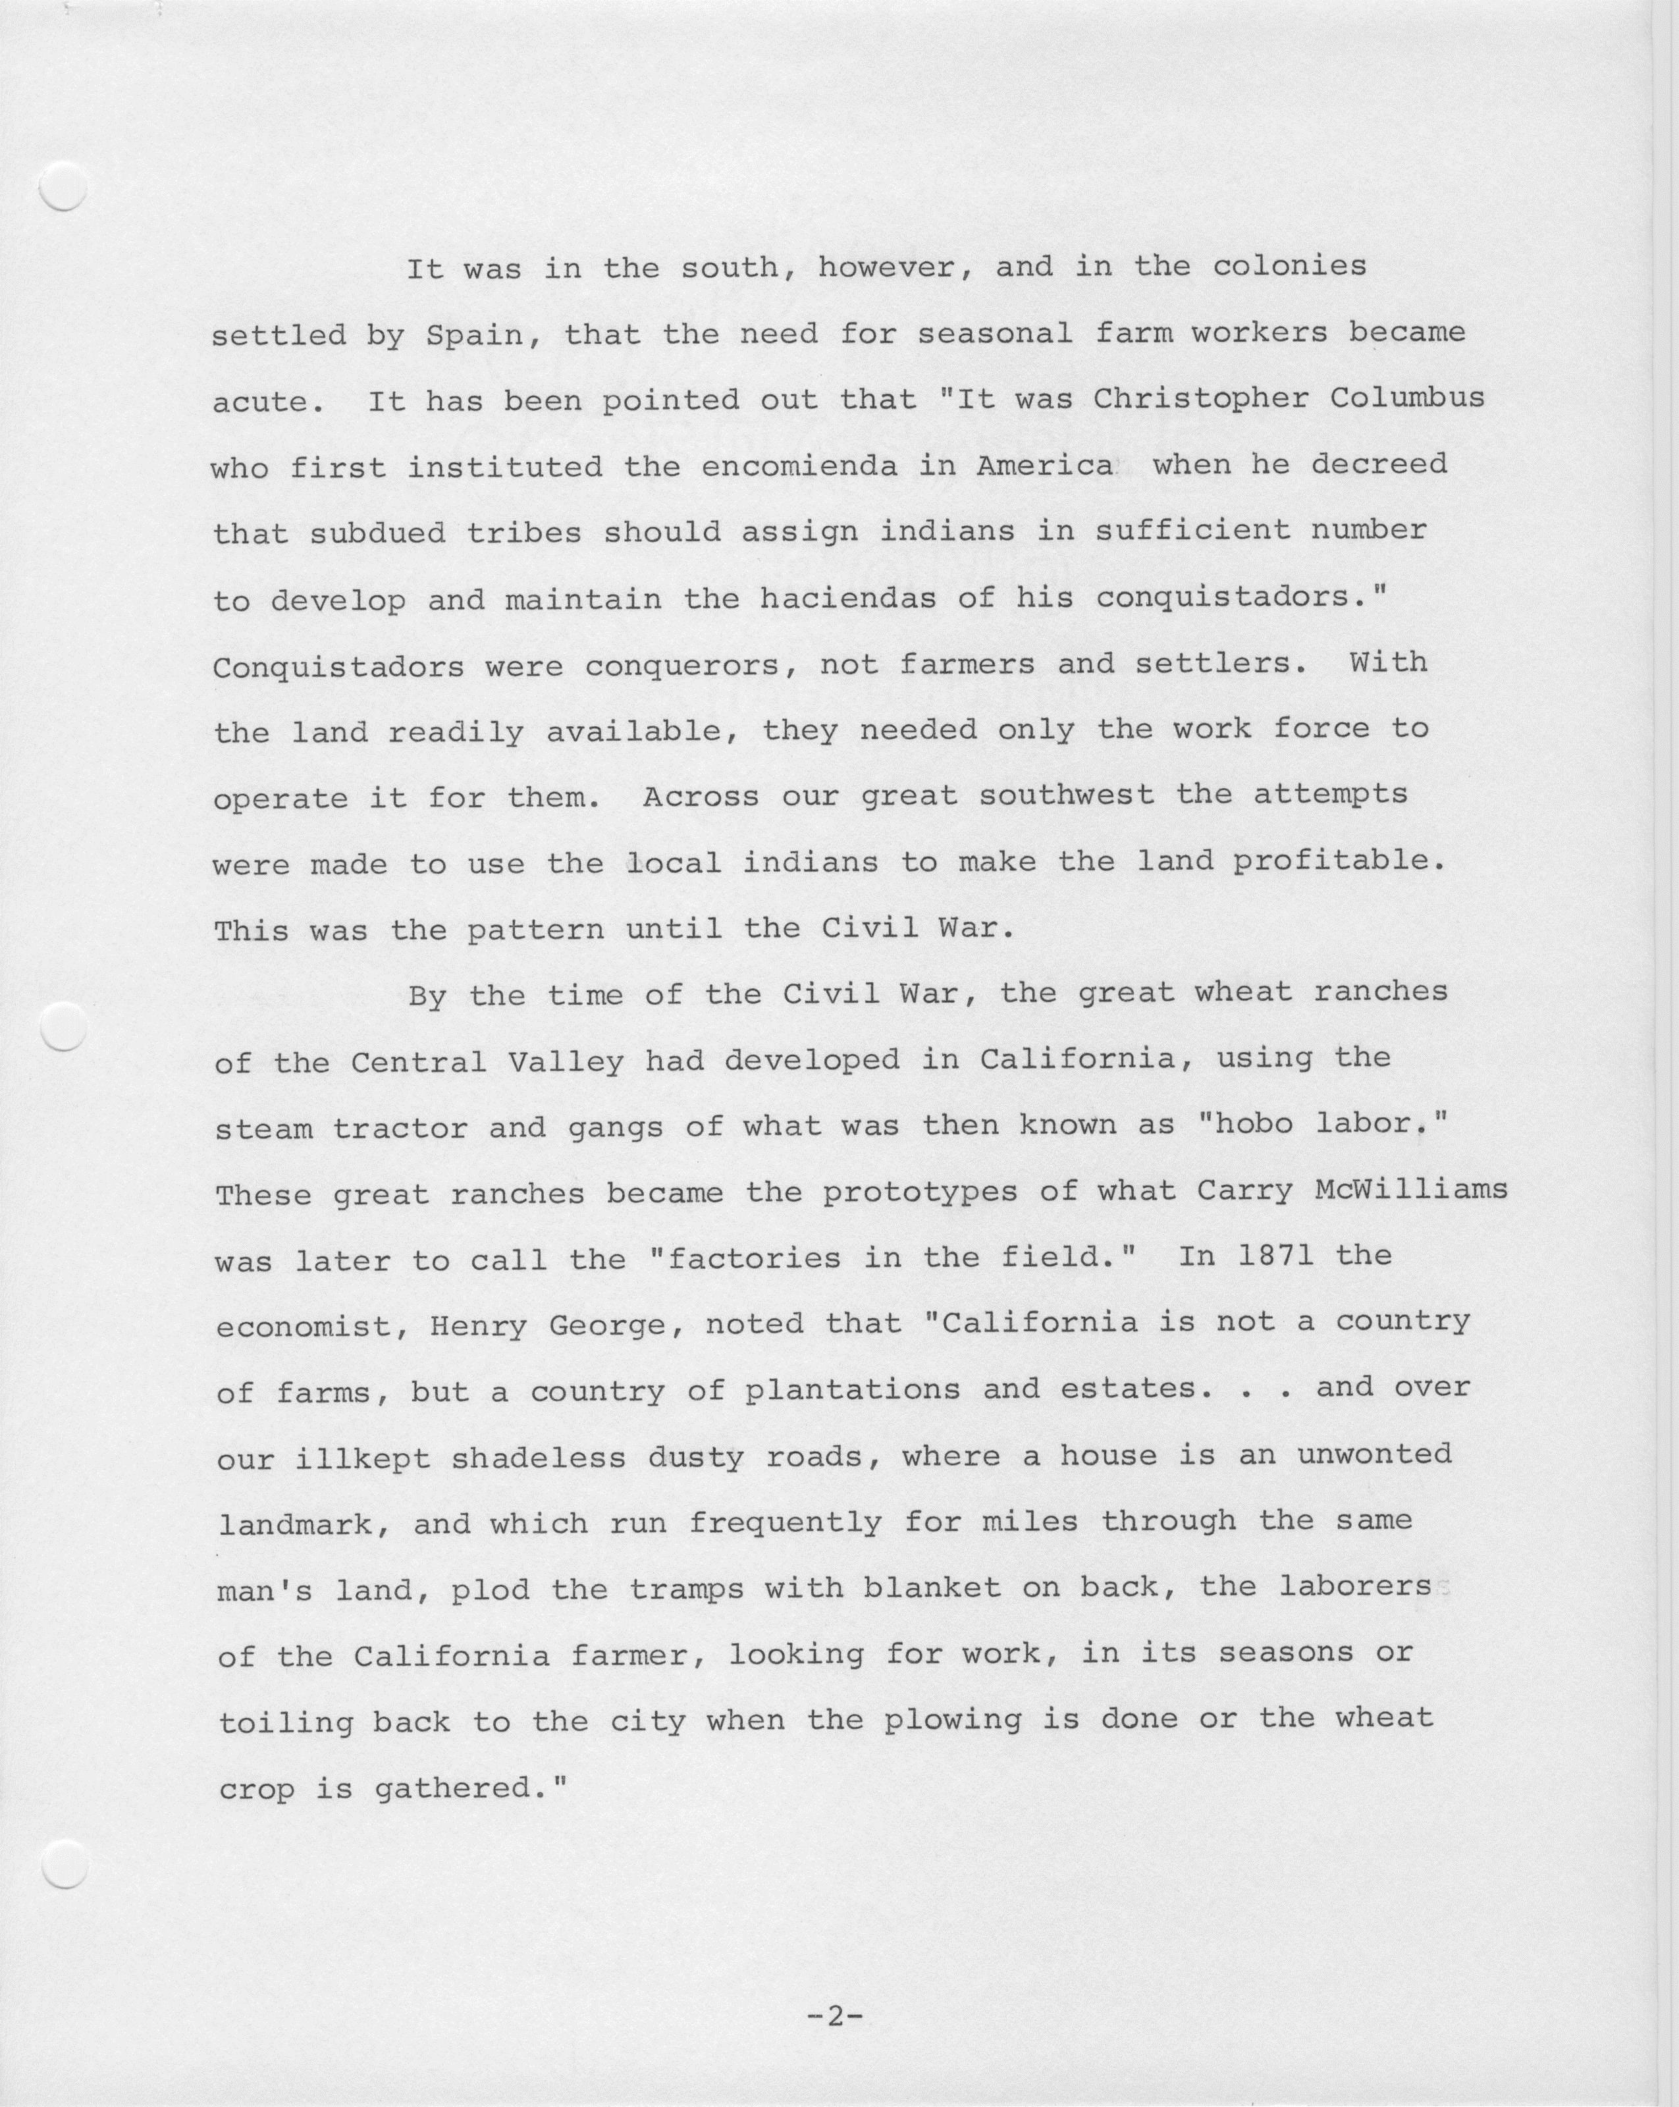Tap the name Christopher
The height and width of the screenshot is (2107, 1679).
[x=1201, y=399]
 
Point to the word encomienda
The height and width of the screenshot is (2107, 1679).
[x=799, y=466]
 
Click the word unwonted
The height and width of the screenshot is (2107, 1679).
[x=1373, y=1455]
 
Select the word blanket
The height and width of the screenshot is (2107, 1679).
[x=932, y=1588]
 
